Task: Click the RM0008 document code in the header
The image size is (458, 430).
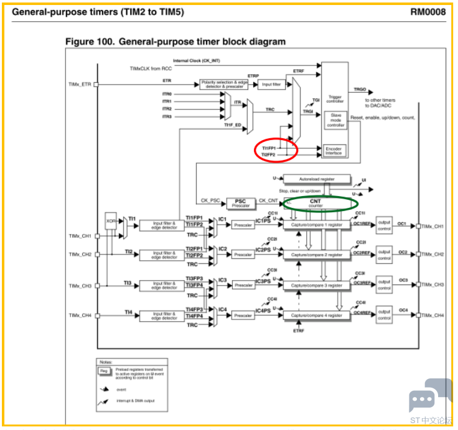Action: pyautogui.click(x=428, y=11)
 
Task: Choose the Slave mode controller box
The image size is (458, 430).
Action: pyautogui.click(x=335, y=121)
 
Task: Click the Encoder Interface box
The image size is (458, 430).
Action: pyautogui.click(x=335, y=151)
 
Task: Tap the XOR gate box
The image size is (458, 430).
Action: pyautogui.click(x=111, y=221)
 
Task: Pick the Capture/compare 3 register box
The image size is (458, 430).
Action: pyautogui.click(x=317, y=285)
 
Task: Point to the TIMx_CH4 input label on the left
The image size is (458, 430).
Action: pyautogui.click(x=80, y=315)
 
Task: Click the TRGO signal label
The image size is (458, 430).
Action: pyautogui.click(x=360, y=90)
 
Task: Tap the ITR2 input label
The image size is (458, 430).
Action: pyautogui.click(x=167, y=109)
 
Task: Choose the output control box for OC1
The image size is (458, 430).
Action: pyautogui.click(x=384, y=225)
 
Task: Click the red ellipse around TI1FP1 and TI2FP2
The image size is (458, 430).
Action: pyautogui.click(x=276, y=149)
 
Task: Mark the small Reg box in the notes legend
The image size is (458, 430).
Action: pyautogui.click(x=104, y=371)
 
